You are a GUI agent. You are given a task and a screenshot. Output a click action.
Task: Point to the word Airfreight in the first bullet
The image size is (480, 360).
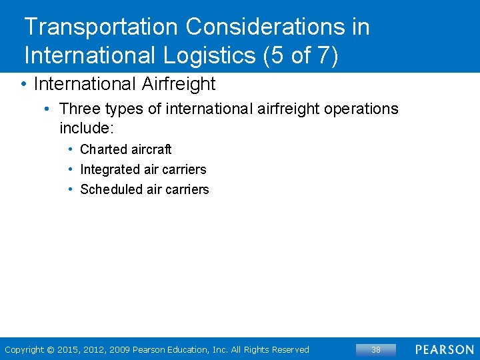pyautogui.click(x=179, y=84)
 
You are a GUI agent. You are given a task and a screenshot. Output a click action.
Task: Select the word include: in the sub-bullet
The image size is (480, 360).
pyautogui.click(x=87, y=127)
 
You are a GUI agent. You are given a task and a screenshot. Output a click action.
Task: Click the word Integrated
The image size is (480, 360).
pyautogui.click(x=110, y=169)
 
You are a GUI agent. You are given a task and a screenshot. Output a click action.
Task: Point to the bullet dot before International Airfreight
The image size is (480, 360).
pyautogui.click(x=23, y=84)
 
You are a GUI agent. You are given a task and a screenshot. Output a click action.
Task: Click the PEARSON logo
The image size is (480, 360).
pyautogui.click(x=445, y=349)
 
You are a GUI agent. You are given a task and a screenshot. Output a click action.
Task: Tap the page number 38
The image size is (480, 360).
pyautogui.click(x=376, y=349)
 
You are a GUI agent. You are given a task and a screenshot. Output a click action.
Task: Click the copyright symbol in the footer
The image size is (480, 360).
pyautogui.click(x=50, y=349)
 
